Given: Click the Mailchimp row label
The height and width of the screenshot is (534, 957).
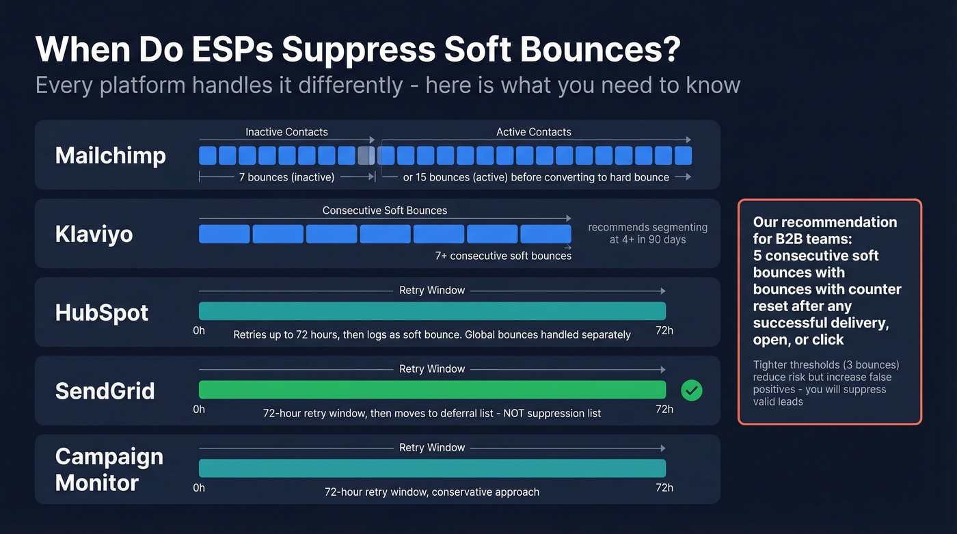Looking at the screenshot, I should (110, 156).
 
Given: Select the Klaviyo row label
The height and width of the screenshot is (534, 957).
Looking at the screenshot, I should (94, 235).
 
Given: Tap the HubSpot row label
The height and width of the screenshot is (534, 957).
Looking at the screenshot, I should (102, 313).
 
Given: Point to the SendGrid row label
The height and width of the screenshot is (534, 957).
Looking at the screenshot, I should (105, 392).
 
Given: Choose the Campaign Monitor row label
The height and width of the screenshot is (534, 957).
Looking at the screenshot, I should (109, 470).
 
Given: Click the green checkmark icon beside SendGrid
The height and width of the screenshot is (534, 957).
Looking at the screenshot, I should (692, 390).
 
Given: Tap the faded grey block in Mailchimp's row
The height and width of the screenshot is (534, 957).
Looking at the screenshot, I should (366, 156).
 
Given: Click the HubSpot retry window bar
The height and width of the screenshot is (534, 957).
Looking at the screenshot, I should (432, 311).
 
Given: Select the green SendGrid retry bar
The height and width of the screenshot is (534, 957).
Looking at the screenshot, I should (432, 390).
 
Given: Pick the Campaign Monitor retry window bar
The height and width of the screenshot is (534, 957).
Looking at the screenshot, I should (432, 468).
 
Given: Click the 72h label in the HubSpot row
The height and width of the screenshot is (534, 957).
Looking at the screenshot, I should (664, 331).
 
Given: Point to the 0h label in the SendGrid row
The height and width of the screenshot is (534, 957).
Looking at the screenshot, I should (199, 410).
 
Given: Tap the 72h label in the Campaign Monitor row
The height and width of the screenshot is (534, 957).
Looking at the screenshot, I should (664, 488).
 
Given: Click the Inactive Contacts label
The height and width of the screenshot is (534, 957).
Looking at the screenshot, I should (286, 132).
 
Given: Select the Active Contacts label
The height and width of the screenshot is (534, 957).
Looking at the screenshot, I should (534, 132).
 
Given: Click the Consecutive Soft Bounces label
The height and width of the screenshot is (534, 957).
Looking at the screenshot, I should (385, 211).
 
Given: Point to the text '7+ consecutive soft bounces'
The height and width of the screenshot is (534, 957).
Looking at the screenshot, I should (503, 256).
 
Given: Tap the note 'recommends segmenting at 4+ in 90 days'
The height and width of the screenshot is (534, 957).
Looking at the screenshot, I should (647, 233).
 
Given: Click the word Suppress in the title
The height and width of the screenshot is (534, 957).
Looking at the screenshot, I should (359, 50).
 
